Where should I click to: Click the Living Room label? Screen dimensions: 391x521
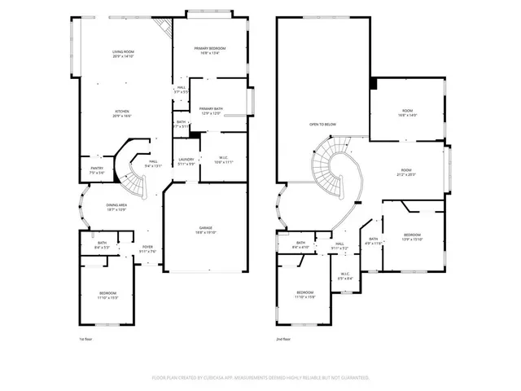click(122, 55)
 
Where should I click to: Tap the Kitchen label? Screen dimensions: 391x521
click(122, 113)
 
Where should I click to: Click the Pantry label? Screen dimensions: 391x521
click(96, 170)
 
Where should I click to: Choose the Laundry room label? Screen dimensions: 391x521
click(186, 160)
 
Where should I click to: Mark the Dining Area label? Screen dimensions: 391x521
click(116, 207)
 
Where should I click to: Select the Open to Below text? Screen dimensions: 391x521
click(322, 124)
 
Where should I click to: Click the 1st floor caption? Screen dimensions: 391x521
click(86, 338)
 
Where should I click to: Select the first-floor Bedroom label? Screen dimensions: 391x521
click(108, 294)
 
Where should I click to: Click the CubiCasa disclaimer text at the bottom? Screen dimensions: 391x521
click(260, 377)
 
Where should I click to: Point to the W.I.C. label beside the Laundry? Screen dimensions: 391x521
click(222, 160)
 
